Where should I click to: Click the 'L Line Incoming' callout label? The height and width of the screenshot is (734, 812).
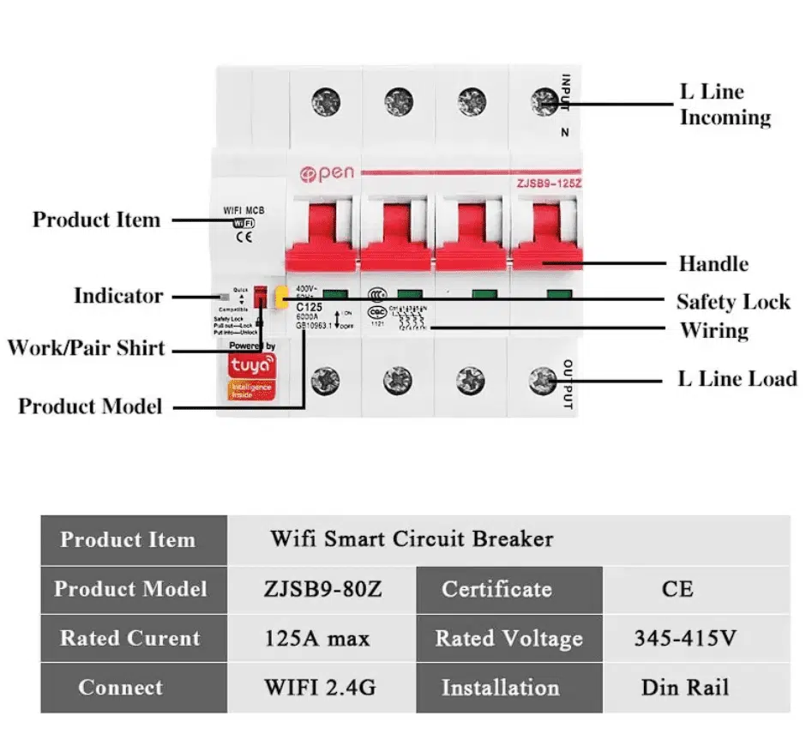pyautogui.click(x=725, y=105)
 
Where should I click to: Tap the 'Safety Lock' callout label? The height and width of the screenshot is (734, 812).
pyautogui.click(x=732, y=302)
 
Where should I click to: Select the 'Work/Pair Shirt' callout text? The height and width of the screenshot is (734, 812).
pyautogui.click(x=86, y=348)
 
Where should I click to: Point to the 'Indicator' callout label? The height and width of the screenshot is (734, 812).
pyautogui.click(x=117, y=296)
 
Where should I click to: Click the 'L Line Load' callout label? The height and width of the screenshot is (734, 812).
pyautogui.click(x=737, y=378)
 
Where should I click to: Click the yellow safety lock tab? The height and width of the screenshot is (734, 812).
pyautogui.click(x=280, y=297)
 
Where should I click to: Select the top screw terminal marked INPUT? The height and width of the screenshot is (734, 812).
pyautogui.click(x=543, y=102)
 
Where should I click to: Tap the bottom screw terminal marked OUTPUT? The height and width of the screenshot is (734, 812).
pyautogui.click(x=543, y=378)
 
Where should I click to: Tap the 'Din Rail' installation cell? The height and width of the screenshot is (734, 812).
pyautogui.click(x=684, y=688)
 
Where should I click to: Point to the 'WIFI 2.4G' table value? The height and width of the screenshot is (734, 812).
pyautogui.click(x=320, y=688)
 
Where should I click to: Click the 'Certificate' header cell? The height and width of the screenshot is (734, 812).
pyautogui.click(x=496, y=590)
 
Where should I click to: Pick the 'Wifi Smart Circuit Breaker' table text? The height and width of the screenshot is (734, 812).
pyautogui.click(x=412, y=539)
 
